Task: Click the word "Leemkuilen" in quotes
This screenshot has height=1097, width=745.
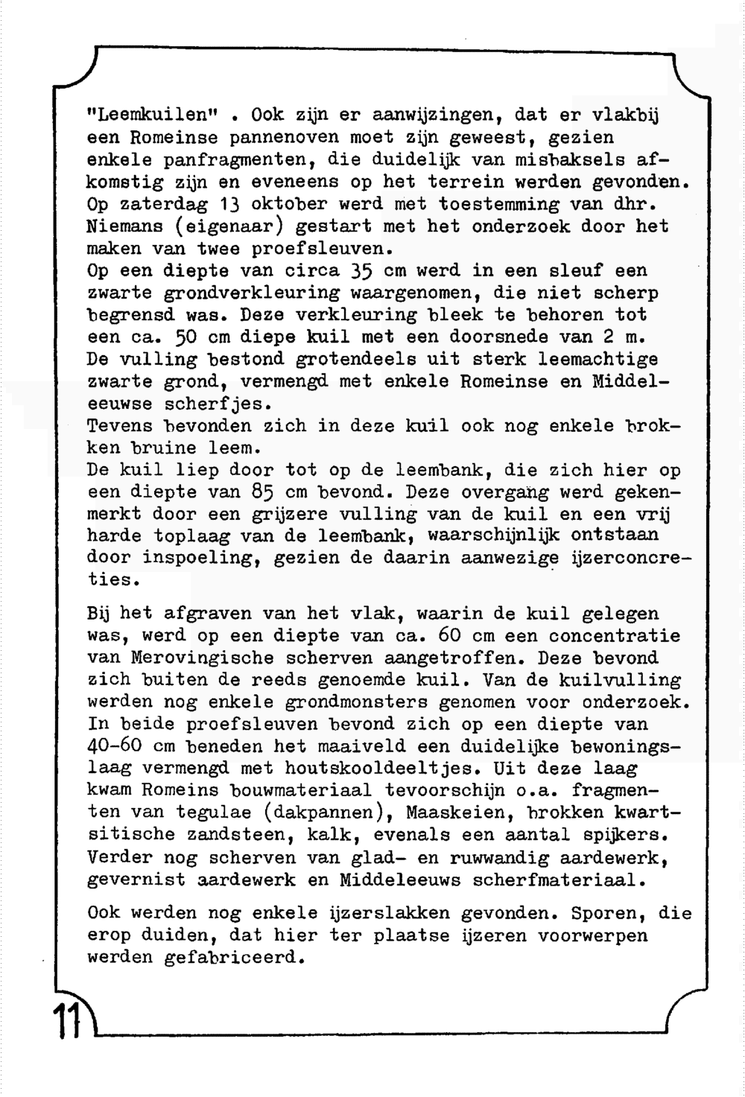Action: [153, 115]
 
